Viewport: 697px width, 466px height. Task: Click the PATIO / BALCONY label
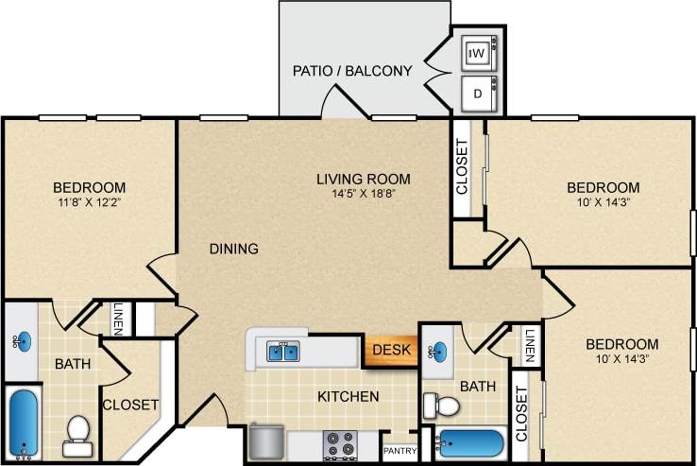[352, 71]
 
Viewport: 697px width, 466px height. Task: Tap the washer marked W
[478, 54]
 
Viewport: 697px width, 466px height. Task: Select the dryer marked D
[478, 94]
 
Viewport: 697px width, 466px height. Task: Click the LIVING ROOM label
[364, 179]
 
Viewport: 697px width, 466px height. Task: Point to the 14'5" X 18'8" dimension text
[364, 195]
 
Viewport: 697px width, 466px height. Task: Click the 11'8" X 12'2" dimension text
[89, 202]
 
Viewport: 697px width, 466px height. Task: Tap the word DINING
[234, 250]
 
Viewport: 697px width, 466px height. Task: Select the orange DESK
[390, 350]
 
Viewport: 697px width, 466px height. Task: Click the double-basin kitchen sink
[282, 352]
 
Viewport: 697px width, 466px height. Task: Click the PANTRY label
[399, 452]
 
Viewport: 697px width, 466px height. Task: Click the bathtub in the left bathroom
[23, 423]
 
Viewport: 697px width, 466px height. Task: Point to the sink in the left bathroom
[23, 341]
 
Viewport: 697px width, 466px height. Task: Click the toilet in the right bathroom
[441, 406]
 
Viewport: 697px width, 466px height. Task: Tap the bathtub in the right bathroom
[472, 443]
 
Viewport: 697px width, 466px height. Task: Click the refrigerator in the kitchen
[266, 441]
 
